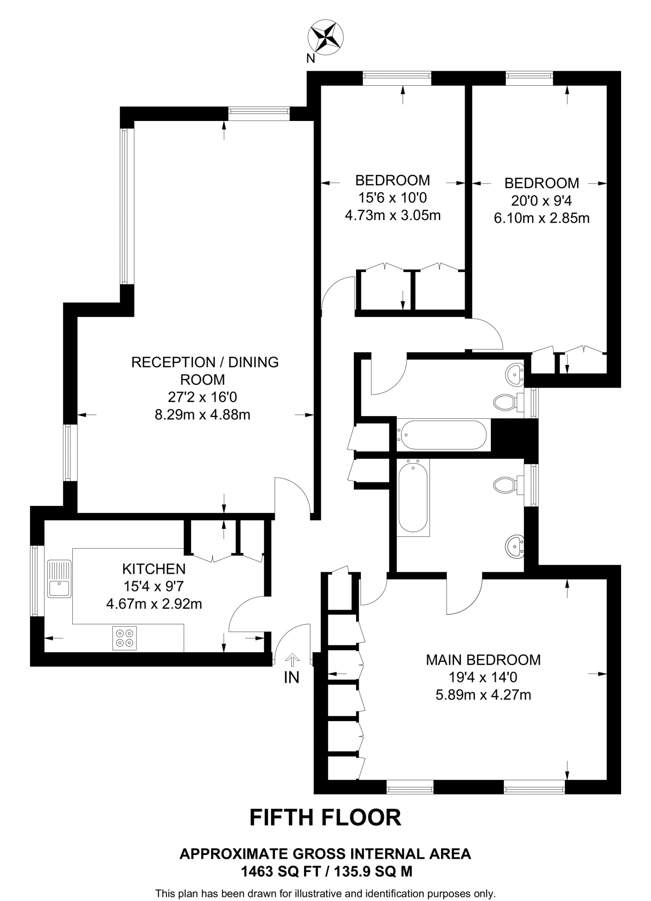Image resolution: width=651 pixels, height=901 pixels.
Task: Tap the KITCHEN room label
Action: (x=154, y=569)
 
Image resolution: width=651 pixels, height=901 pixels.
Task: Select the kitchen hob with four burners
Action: (x=125, y=638)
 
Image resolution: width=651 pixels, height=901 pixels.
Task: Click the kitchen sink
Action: (x=59, y=579)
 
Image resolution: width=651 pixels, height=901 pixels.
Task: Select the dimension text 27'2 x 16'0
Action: (x=202, y=397)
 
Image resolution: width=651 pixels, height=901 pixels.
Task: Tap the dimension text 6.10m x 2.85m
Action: (x=541, y=218)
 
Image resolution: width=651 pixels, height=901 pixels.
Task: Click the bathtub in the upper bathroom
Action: (x=441, y=435)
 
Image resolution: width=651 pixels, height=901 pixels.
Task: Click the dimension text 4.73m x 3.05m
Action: (x=393, y=216)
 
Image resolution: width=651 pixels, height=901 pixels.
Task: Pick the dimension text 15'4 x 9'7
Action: (x=154, y=586)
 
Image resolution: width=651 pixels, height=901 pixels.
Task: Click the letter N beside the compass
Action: (x=311, y=59)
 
